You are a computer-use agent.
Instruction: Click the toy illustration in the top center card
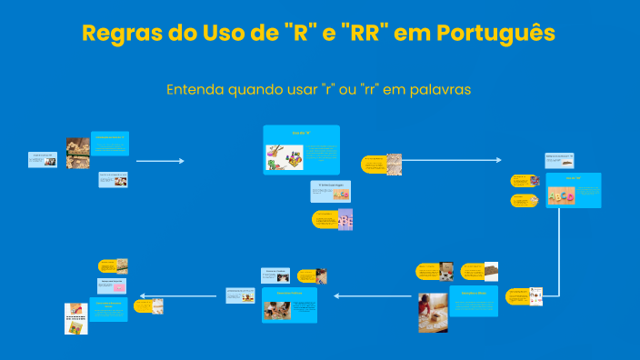click(x=284, y=157)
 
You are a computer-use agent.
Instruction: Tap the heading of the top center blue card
click(x=301, y=133)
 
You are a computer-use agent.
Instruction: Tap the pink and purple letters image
click(x=345, y=219)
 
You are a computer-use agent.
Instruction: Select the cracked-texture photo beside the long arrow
click(x=394, y=164)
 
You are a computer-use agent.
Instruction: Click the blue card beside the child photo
click(x=474, y=301)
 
